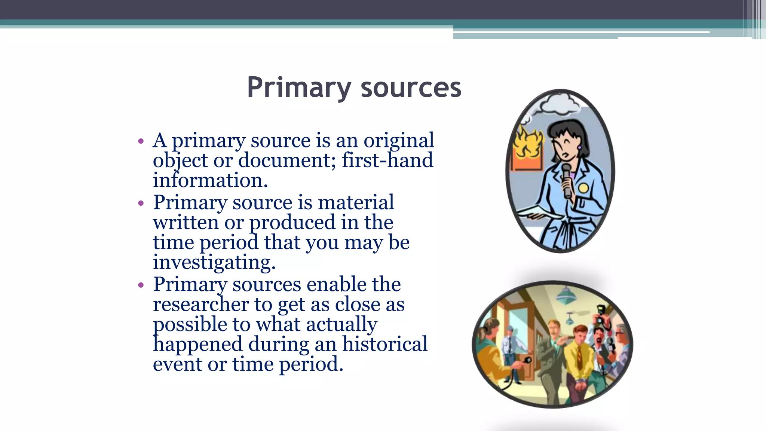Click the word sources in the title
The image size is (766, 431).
pos(411,88)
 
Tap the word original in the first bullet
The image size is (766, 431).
pos(399,141)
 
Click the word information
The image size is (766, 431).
pos(210,180)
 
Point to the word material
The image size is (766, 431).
pos(356,202)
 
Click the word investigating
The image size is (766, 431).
pos(214,262)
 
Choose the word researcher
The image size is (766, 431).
pos(200,304)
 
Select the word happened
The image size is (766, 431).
pos(197,344)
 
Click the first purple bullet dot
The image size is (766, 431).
pos(141,141)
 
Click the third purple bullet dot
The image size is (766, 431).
pos(141,285)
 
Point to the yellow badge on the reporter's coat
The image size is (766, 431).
pos(583,188)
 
